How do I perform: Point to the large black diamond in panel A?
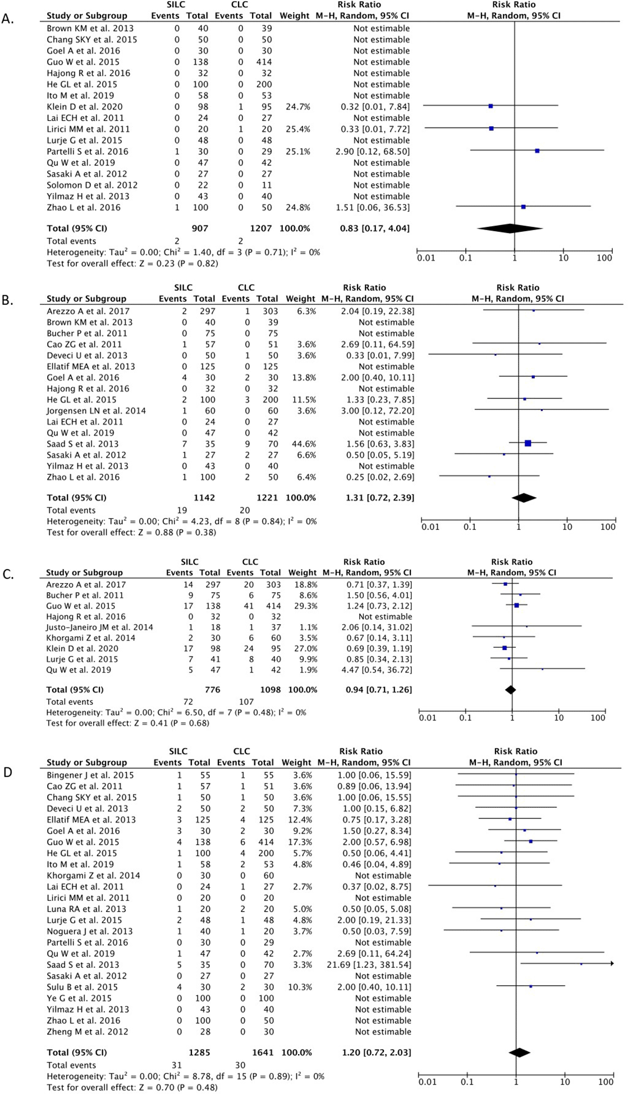click(510, 228)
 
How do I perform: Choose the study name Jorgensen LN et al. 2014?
click(96, 411)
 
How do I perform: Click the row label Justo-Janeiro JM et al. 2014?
click(99, 628)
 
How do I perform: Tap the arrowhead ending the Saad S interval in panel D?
click(612, 964)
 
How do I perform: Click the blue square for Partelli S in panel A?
click(537, 151)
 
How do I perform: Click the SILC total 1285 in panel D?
click(199, 1052)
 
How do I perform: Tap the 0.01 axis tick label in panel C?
click(427, 718)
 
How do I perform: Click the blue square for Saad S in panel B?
click(528, 443)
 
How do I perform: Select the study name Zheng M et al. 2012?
click(87, 1032)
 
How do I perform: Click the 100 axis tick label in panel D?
click(606, 1082)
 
